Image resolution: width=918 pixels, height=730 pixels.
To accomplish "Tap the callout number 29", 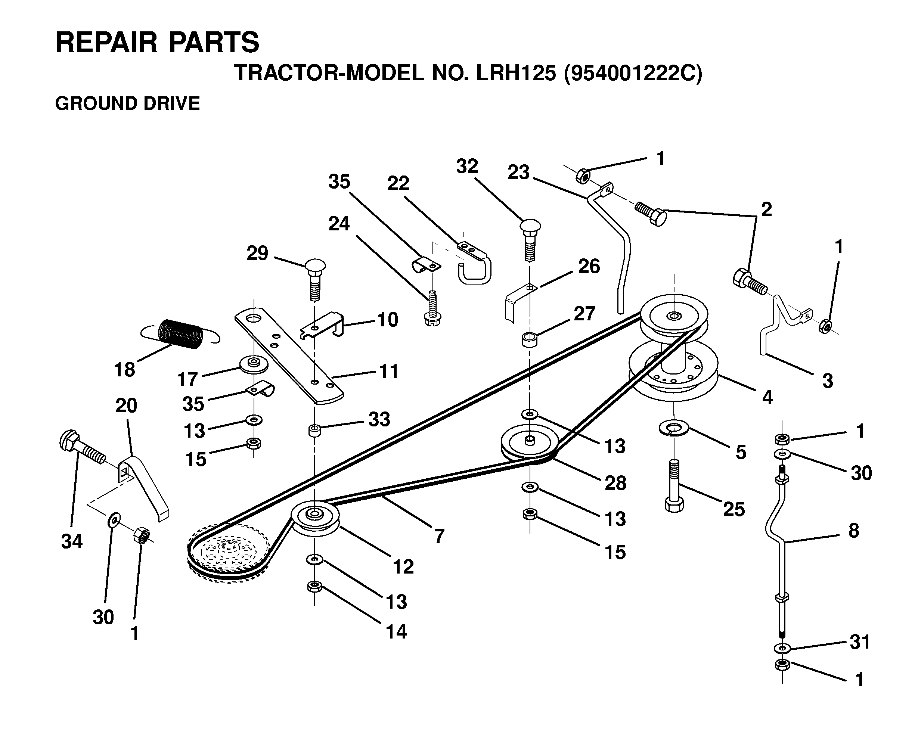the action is click(258, 254).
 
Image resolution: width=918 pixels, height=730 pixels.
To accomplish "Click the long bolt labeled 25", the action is click(674, 485).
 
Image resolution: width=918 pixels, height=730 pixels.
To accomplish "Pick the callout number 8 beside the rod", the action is click(853, 531).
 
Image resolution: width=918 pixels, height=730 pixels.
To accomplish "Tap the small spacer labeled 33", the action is click(315, 430).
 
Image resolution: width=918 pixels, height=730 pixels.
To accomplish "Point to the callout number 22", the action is click(398, 183).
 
